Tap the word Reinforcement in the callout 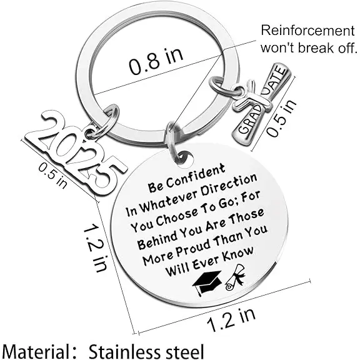point(308,31)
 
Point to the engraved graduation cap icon point(207,283)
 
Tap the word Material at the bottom point(34,351)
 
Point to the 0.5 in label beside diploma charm point(281,117)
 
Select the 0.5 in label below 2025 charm point(53,175)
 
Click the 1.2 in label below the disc point(231,320)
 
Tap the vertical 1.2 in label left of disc point(94,248)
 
